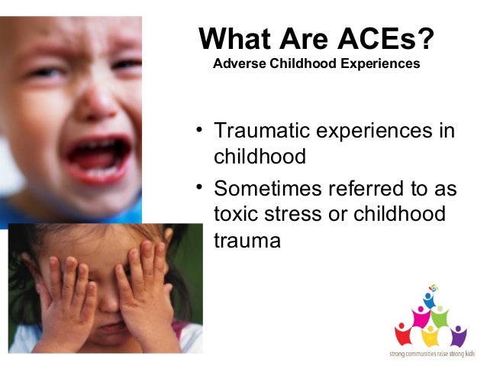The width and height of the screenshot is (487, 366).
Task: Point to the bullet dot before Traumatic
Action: (x=201, y=129)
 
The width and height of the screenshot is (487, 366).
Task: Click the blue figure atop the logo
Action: (x=429, y=299)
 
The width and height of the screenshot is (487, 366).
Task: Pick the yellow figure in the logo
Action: (x=431, y=335)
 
